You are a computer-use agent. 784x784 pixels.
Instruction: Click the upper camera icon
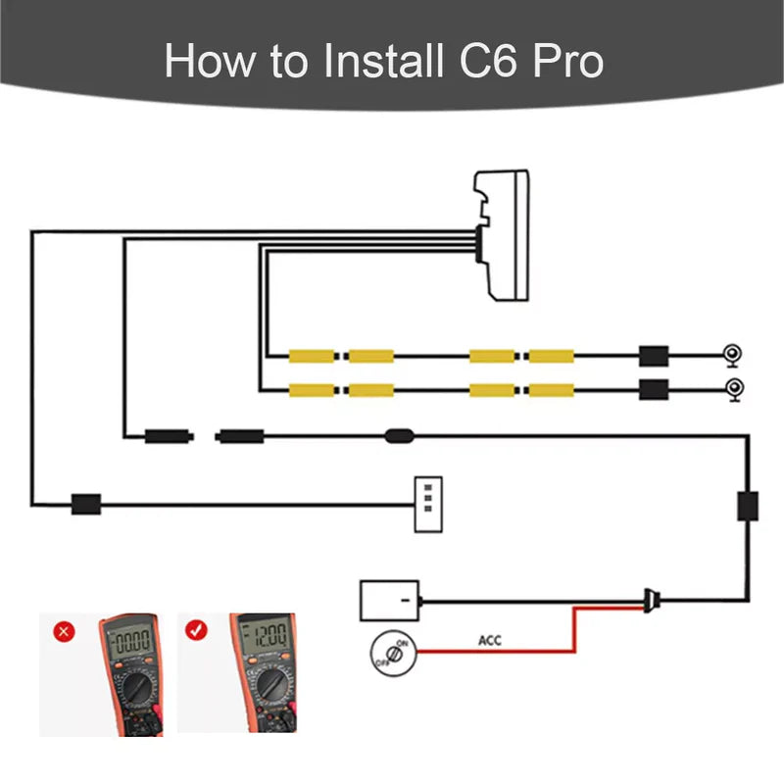[731, 355]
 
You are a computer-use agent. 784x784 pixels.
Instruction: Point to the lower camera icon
[731, 389]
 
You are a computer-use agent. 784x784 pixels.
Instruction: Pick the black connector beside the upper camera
[653, 356]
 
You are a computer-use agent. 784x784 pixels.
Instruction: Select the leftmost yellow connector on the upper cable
[313, 356]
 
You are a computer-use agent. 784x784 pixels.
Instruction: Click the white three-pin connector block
[428, 505]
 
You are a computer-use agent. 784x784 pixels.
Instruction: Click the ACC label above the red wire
[490, 641]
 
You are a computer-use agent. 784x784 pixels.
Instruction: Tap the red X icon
[65, 631]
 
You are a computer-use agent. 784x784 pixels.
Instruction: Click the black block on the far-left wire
[86, 505]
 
